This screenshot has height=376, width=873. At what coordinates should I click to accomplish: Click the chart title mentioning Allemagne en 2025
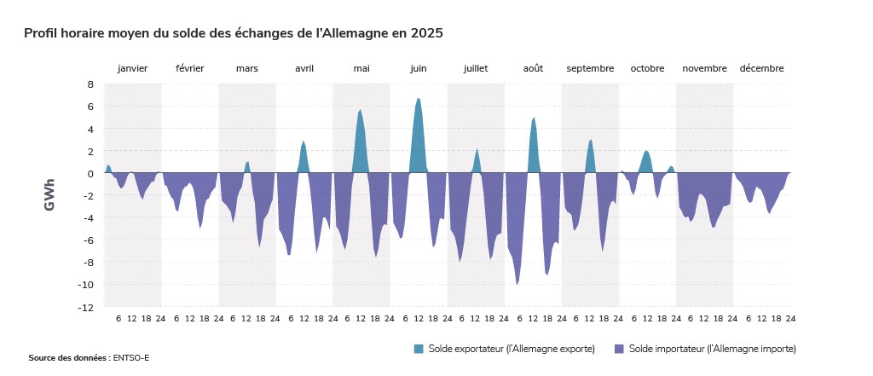234,33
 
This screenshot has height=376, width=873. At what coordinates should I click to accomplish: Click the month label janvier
133,69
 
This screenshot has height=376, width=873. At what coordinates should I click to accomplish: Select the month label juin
419,69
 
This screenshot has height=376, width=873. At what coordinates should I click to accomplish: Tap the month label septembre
590,69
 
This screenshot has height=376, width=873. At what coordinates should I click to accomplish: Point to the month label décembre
761,69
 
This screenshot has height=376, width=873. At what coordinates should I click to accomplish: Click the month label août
533,69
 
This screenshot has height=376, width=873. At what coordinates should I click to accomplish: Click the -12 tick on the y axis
87,307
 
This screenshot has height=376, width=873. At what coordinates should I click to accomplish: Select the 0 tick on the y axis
90,173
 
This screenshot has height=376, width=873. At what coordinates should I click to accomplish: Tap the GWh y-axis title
49,195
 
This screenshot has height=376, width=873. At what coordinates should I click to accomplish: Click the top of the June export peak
418,99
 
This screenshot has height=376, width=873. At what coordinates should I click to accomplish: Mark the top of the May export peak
361,110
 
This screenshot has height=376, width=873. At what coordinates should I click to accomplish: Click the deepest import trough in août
517,284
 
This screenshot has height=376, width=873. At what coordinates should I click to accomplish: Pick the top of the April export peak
304,142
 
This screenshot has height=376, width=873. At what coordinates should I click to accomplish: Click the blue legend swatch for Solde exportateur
419,349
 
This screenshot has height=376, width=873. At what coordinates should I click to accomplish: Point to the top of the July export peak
477,149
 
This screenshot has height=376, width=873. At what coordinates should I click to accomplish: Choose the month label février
190,69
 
